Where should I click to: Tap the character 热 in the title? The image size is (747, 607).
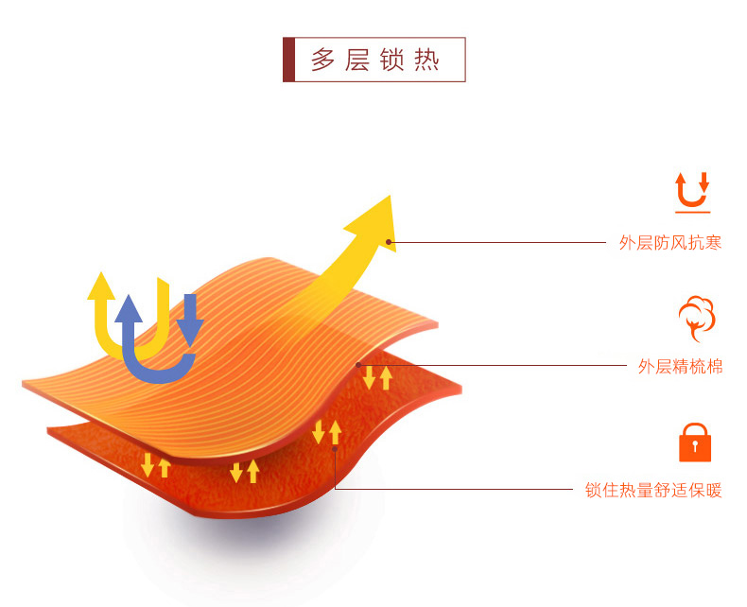pos(426,60)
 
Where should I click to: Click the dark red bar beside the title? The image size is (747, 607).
pos(288,60)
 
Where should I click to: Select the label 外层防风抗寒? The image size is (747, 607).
pos(670,243)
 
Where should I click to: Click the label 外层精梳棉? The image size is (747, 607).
pos(680,367)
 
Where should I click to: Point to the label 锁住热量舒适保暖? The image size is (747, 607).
pos(653,490)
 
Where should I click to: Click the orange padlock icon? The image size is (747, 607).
pos(695,442)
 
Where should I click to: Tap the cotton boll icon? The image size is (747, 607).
pos(696,319)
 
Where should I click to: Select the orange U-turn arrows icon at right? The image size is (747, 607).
pos(692,191)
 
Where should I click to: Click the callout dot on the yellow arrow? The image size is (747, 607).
pos(391,243)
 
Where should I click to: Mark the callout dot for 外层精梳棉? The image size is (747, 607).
pos(359,365)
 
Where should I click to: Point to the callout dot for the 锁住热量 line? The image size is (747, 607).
pos(336,449)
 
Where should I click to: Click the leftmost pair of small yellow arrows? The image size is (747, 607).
pos(156,465)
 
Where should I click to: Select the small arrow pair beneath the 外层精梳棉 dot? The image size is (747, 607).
pos(377,377)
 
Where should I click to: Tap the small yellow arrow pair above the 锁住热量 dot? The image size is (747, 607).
pos(326,431)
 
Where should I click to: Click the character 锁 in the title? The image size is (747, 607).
pos(392,60)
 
